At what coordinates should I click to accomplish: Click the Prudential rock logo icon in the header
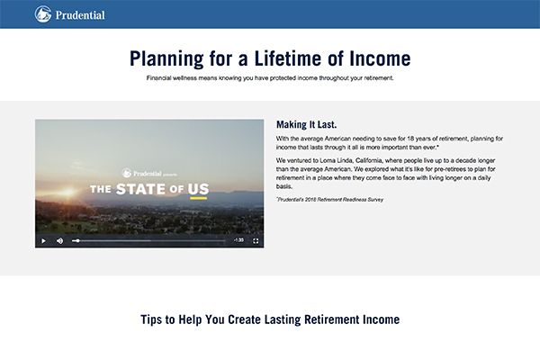pyautogui.click(x=43, y=14)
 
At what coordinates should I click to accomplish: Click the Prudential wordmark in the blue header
pyautogui.click(x=80, y=15)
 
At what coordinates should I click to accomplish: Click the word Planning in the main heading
pyautogui.click(x=166, y=58)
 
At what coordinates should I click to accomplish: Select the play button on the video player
pyautogui.click(x=44, y=241)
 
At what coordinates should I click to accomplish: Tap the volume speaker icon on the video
pyautogui.click(x=60, y=241)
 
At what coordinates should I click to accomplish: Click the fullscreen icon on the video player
pyautogui.click(x=256, y=241)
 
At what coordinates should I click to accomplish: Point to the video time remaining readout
pyautogui.click(x=238, y=240)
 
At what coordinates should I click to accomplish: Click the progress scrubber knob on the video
pyautogui.click(x=77, y=241)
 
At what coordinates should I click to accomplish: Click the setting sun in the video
pyautogui.click(x=67, y=193)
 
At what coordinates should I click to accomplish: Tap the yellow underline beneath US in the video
pyautogui.click(x=199, y=198)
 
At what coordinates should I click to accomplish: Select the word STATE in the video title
pyautogui.click(x=140, y=189)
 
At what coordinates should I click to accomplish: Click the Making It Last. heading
pyautogui.click(x=307, y=124)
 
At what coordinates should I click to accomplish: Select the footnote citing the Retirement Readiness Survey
pyautogui.click(x=330, y=200)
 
